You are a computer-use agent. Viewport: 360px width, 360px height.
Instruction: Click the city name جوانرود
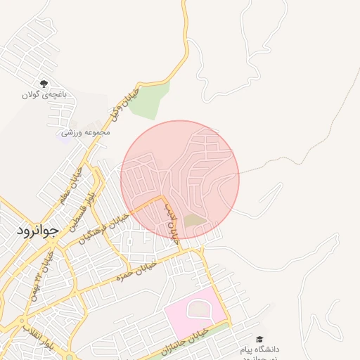pyautogui.click(x=34, y=231)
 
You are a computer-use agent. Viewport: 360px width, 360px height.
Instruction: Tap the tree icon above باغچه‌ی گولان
pyautogui.click(x=44, y=83)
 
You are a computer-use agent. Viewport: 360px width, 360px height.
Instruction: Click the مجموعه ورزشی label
pyautogui.click(x=85, y=132)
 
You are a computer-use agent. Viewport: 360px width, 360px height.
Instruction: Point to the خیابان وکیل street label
pyautogui.click(x=124, y=101)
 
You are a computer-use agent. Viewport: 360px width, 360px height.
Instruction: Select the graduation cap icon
pyautogui.click(x=259, y=340)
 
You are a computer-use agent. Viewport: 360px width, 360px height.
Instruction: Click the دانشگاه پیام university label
pyautogui.click(x=260, y=349)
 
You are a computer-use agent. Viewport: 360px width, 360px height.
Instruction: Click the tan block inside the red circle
pyautogui.click(x=195, y=221)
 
